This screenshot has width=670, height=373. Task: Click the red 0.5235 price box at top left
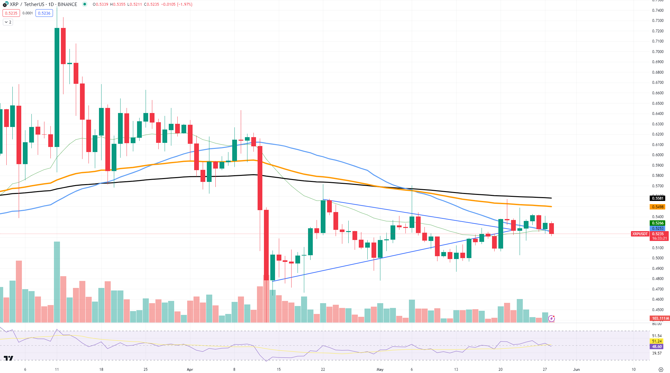[x=11, y=13]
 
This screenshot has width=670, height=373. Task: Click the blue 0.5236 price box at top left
[x=44, y=13]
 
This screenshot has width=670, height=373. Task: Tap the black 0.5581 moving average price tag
[x=658, y=198]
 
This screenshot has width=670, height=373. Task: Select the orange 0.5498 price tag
[x=658, y=207]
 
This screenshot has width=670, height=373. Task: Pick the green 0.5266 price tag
[x=658, y=223]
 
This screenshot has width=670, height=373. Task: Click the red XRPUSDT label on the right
[x=640, y=234]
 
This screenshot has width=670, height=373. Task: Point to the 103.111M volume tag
[x=660, y=318]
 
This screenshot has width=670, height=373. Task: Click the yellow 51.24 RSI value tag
[x=657, y=341]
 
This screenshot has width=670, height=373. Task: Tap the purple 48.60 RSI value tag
[x=657, y=347]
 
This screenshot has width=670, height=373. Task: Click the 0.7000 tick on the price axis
[x=658, y=52]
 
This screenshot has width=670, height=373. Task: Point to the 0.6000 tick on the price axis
[x=658, y=155]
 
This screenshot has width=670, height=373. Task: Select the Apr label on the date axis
[x=190, y=370]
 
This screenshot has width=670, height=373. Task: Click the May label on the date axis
[x=380, y=370]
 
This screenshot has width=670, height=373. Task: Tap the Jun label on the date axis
[x=576, y=370]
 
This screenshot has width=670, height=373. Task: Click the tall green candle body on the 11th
[x=57, y=87]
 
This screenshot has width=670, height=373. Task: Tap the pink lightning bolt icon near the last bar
[x=551, y=318]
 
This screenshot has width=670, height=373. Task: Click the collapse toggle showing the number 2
[x=8, y=22]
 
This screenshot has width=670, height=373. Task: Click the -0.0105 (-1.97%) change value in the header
[x=177, y=4]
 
